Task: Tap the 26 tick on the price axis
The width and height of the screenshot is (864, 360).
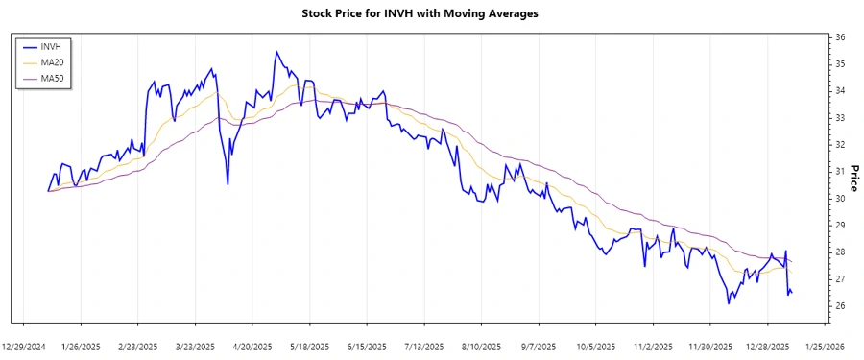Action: pos(840,306)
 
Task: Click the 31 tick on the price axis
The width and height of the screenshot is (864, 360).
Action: pos(840,172)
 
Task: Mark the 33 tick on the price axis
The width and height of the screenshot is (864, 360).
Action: pos(840,118)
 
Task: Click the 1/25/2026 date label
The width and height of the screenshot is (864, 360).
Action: pos(824,346)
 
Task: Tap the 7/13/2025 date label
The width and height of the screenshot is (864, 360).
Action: pos(424,346)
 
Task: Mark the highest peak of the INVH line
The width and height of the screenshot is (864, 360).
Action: pos(276,52)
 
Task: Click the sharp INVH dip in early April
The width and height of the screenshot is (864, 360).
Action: pos(228,183)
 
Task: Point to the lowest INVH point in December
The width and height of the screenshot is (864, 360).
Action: pos(729,303)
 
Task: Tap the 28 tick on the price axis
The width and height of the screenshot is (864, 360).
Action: pos(840,252)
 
